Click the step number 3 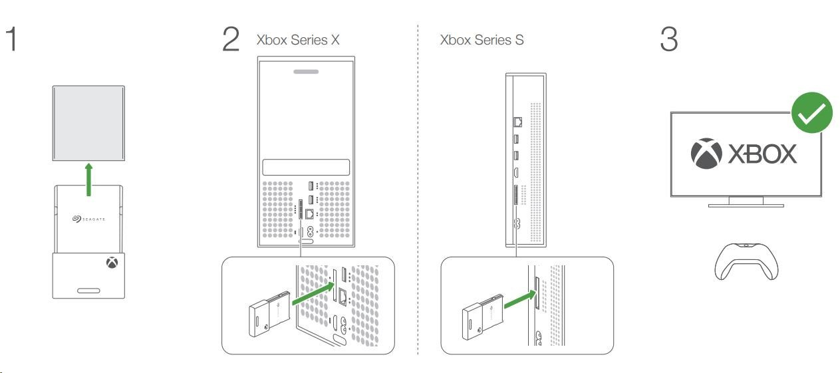(668, 40)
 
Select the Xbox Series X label (298, 40)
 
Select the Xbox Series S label (482, 40)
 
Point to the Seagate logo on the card (88, 218)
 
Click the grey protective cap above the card (88, 123)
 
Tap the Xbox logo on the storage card (110, 264)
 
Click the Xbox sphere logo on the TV (706, 154)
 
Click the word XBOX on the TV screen (761, 154)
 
